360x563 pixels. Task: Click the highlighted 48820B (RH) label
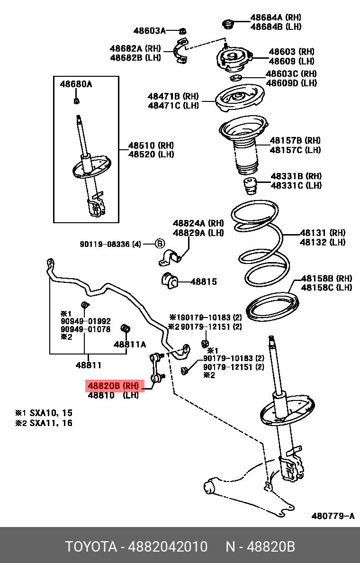tap(114, 386)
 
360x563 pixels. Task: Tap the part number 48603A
tap(149, 31)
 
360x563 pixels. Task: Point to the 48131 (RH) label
tap(322, 233)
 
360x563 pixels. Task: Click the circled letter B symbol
tap(160, 244)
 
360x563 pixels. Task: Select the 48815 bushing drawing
tap(169, 281)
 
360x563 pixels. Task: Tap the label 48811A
tap(130, 345)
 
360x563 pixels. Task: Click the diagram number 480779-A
tap(333, 516)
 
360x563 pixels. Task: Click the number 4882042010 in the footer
tap(168, 547)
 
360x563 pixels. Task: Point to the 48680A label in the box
tap(76, 85)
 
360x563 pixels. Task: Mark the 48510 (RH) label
tap(151, 145)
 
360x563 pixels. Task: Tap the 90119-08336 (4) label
tap(110, 245)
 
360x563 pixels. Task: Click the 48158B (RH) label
tap(327, 278)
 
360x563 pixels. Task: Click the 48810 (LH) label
tap(113, 395)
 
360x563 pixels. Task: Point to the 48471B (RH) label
tap(173, 96)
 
